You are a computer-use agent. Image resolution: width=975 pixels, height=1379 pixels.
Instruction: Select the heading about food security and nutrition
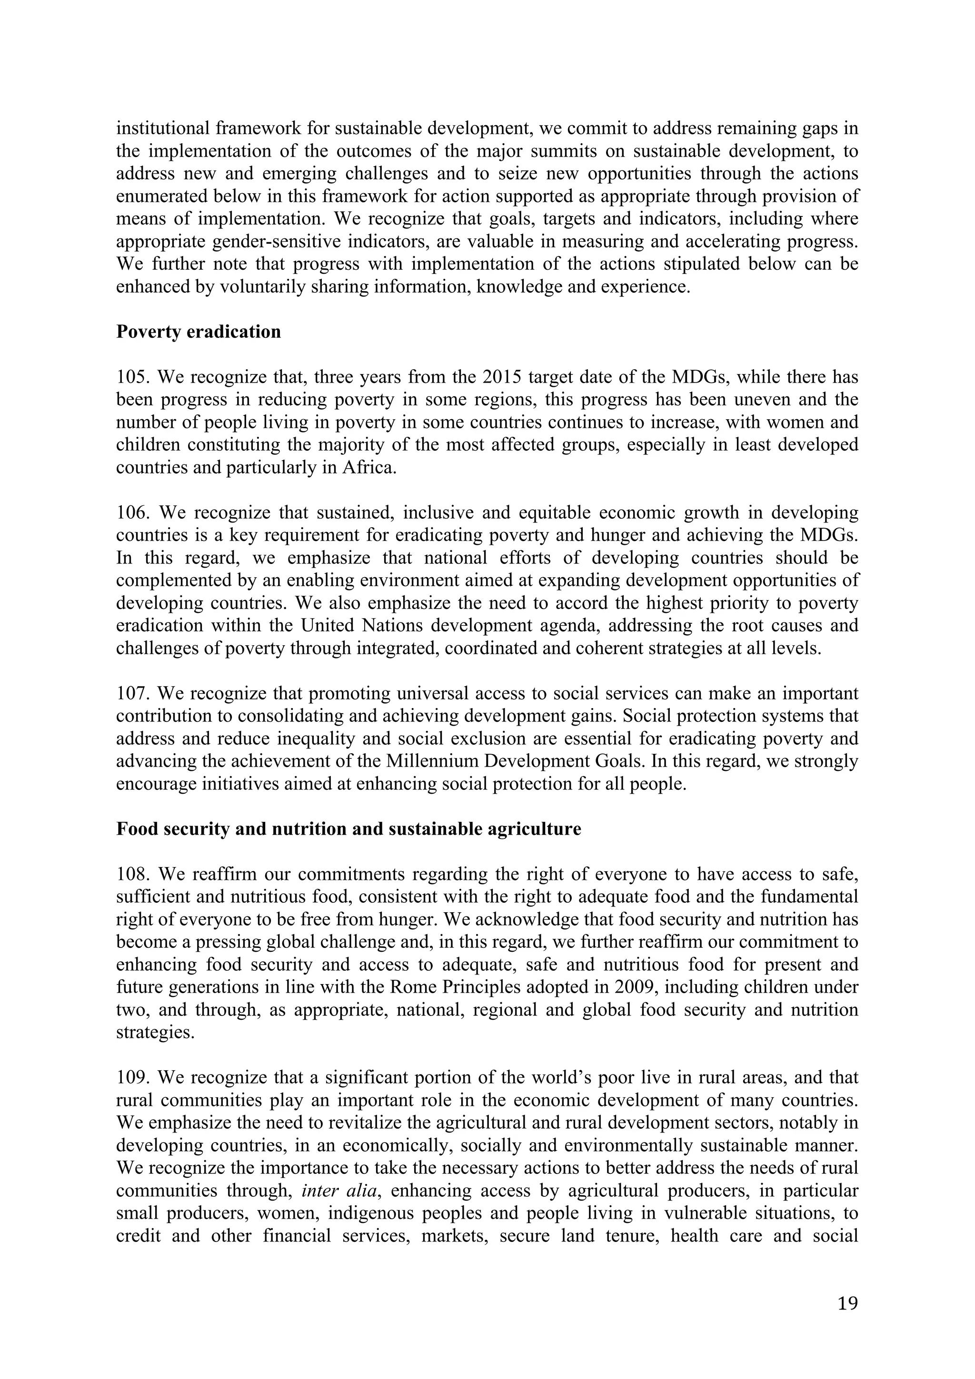tap(348, 829)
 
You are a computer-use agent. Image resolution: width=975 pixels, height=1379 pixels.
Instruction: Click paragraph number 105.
tap(134, 377)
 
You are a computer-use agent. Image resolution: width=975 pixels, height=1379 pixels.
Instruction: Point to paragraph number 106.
tap(134, 513)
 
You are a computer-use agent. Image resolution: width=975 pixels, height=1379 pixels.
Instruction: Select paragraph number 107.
tap(134, 694)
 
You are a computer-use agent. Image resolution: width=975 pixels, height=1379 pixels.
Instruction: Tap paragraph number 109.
tap(134, 1077)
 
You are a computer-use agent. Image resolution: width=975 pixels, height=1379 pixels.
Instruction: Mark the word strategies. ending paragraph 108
tap(156, 1033)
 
